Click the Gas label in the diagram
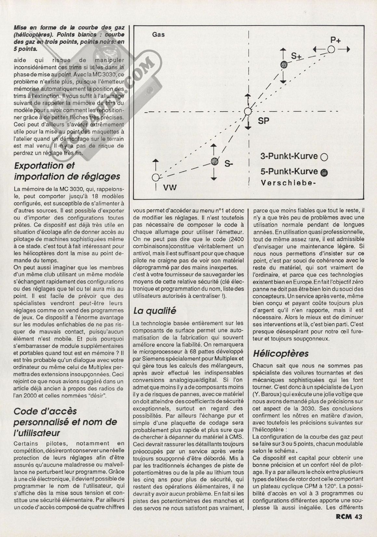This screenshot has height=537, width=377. click(158, 34)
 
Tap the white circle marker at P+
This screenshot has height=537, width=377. click(331, 49)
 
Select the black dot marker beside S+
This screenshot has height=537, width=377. click(284, 65)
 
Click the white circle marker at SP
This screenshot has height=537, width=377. click(248, 111)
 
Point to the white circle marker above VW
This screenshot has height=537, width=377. click(156, 177)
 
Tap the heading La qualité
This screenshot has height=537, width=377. click(155, 311)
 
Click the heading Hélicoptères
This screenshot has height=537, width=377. click(280, 353)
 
